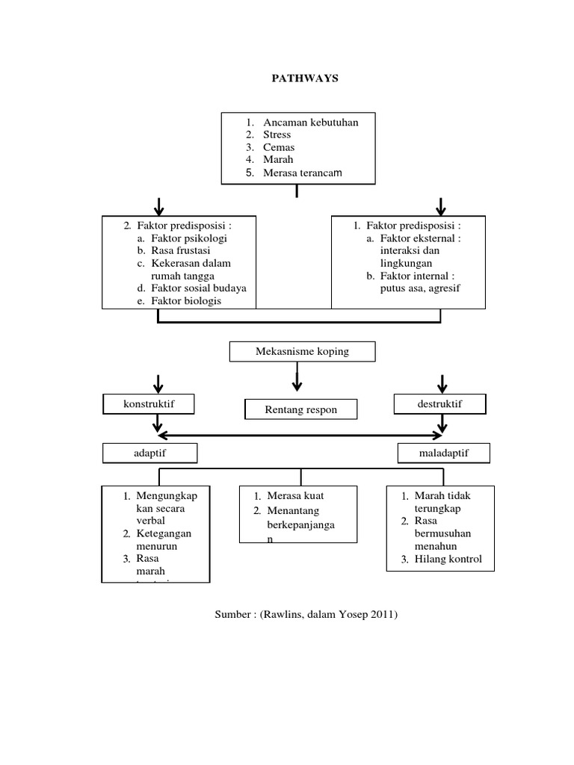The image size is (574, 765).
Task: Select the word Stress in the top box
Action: click(x=277, y=135)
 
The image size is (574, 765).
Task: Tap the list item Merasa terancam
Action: click(x=302, y=173)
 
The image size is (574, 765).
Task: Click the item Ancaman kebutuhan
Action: click(x=310, y=123)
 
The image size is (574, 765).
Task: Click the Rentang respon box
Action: click(x=301, y=409)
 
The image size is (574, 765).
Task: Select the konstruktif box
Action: click(x=148, y=404)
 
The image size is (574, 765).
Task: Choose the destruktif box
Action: click(x=441, y=404)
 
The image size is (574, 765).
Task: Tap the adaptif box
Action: click(x=150, y=453)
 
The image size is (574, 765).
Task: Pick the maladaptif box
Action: click(x=444, y=453)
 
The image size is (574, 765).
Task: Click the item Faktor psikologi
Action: click(x=189, y=238)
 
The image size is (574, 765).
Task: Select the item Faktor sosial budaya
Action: click(x=198, y=288)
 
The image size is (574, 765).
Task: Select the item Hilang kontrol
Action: click(x=448, y=559)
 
